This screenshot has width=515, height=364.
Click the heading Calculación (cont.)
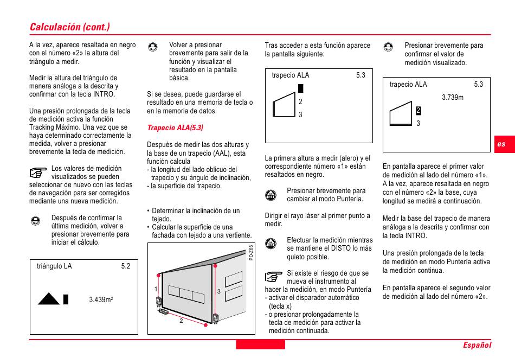(x=70, y=27)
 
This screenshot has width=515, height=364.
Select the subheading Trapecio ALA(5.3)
(x=175, y=128)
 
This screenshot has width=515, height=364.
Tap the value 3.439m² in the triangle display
(x=100, y=299)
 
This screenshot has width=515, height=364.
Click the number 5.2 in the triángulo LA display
(x=126, y=266)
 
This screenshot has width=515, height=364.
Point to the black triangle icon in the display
(x=48, y=298)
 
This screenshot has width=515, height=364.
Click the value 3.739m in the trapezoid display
(x=453, y=98)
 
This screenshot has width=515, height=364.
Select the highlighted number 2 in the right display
(x=419, y=111)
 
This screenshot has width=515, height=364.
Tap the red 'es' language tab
(x=501, y=144)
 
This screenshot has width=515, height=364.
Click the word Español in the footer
(x=477, y=345)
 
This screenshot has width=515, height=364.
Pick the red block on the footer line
(x=260, y=344)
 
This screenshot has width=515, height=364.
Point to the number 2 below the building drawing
(x=181, y=321)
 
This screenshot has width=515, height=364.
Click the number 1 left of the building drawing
(x=156, y=289)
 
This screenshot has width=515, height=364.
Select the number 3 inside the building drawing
(x=218, y=291)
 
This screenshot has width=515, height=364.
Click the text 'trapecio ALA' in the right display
(x=408, y=85)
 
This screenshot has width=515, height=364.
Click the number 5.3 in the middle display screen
(x=361, y=75)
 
